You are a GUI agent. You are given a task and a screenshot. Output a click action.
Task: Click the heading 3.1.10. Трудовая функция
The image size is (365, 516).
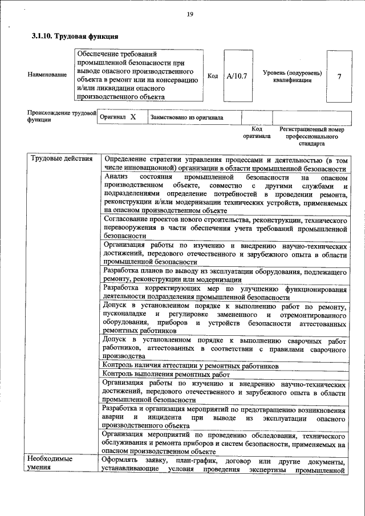[x=75, y=36]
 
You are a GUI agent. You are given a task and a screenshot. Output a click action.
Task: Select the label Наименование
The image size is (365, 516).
[x=47, y=76]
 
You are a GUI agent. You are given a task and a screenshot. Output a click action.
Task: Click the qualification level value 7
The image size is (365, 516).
[x=340, y=76]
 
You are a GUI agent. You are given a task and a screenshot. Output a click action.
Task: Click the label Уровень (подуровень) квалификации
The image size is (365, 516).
[x=292, y=76]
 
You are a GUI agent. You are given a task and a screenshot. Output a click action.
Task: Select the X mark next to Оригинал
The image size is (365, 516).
[x=133, y=116]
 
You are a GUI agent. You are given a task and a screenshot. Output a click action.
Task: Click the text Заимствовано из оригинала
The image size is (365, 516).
[x=186, y=117]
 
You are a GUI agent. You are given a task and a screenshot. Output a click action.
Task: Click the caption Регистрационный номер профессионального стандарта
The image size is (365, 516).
[x=313, y=137]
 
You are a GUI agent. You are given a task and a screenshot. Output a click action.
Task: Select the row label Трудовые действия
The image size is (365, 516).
[x=62, y=159]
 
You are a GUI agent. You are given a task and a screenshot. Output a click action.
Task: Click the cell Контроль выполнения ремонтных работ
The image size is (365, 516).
[x=165, y=375]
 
